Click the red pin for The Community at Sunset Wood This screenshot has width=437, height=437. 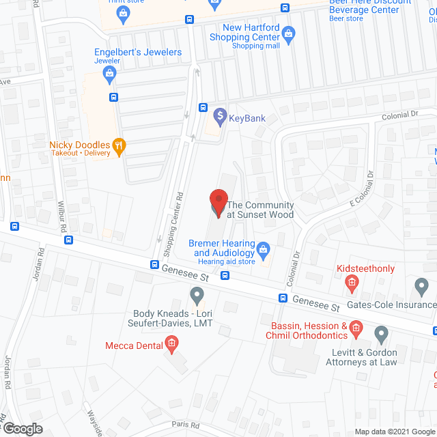[218, 203]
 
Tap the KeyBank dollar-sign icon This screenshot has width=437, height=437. [220, 117]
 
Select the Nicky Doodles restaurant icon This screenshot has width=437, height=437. [119, 145]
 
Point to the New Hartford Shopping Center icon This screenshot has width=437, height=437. [288, 33]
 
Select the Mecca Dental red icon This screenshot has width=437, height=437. [172, 345]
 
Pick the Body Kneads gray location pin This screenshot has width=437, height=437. [197, 296]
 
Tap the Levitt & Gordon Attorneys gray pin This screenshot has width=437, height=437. [380, 334]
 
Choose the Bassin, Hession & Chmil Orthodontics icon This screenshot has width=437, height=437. [356, 331]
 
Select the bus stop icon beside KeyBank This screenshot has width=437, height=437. [203, 107]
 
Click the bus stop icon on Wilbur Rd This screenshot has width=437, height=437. [68, 240]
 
